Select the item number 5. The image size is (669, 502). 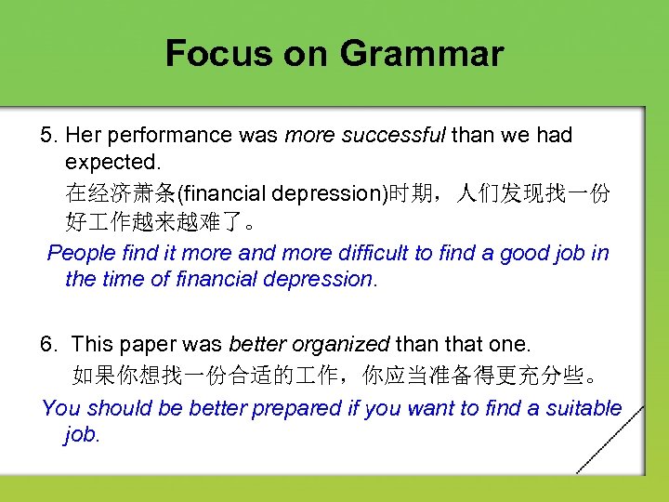(48, 136)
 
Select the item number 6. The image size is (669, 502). (48, 345)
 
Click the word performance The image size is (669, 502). (172, 136)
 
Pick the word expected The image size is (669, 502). (105, 165)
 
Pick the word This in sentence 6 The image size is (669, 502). (91, 345)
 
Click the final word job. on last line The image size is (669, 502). (82, 435)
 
